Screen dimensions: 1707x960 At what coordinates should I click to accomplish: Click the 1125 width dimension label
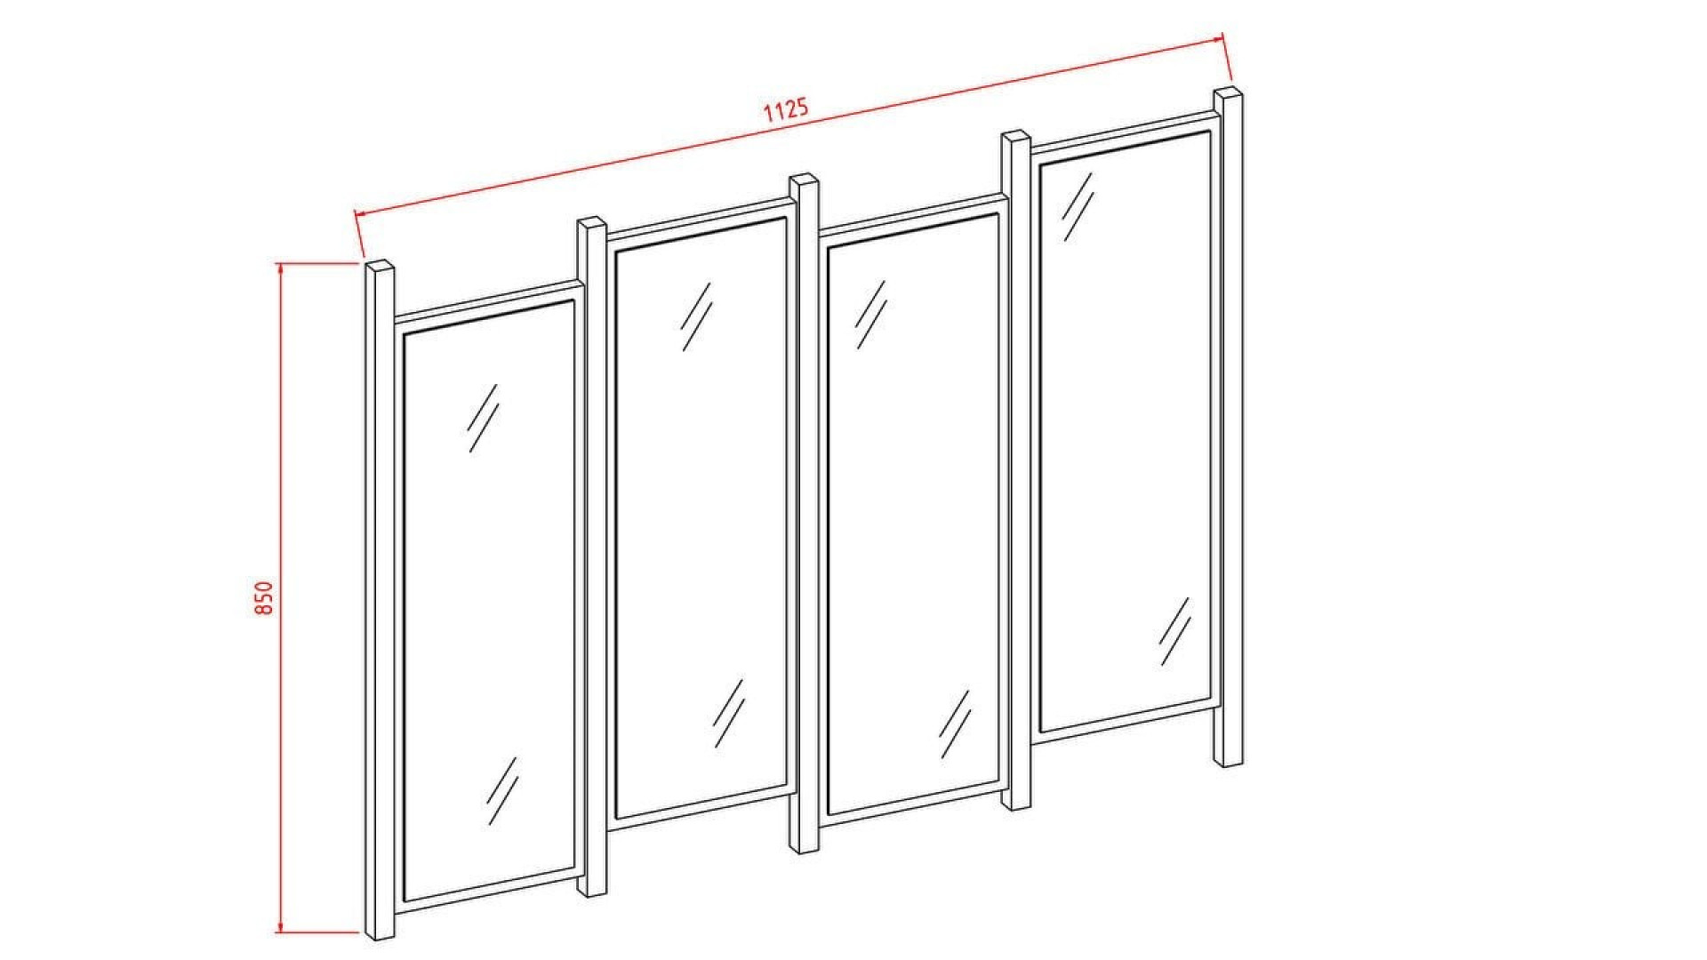pos(786,109)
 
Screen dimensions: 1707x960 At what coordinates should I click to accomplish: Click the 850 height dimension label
pos(264,598)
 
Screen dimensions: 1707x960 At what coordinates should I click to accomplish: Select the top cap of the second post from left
pos(592,223)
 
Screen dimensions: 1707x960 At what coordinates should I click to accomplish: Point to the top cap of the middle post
pos(805,180)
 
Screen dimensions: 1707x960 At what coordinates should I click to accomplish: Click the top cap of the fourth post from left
pos(1016,138)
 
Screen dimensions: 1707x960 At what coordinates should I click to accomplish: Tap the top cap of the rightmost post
pos(1229,94)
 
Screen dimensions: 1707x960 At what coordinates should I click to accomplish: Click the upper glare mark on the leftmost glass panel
pos(483,418)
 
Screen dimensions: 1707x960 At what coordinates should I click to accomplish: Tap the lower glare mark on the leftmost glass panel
pos(502,790)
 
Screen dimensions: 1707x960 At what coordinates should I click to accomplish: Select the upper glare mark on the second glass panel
pos(696,316)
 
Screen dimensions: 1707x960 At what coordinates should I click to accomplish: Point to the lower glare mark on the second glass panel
pos(728,713)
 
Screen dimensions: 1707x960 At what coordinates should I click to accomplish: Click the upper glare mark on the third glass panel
pos(871,315)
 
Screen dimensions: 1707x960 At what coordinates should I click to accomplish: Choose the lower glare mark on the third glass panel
pos(955,724)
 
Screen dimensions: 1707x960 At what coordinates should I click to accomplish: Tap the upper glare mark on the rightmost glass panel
pos(1078,206)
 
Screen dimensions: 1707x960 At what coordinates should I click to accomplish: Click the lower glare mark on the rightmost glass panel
pos(1174,631)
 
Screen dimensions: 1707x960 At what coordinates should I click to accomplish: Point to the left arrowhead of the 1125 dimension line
pos(360,213)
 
